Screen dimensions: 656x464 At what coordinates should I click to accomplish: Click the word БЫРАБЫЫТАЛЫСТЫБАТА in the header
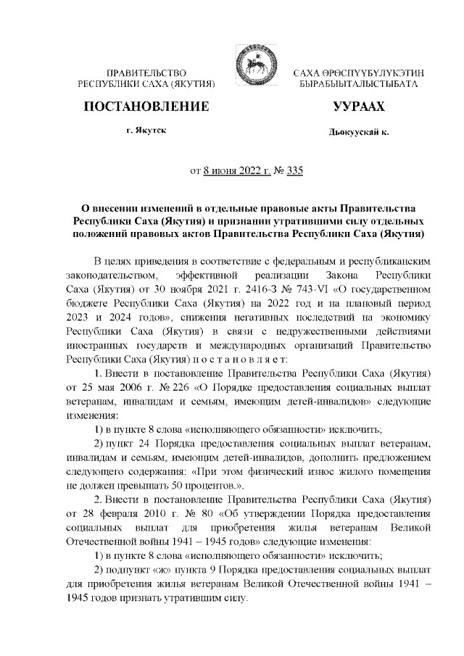click(x=358, y=85)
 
